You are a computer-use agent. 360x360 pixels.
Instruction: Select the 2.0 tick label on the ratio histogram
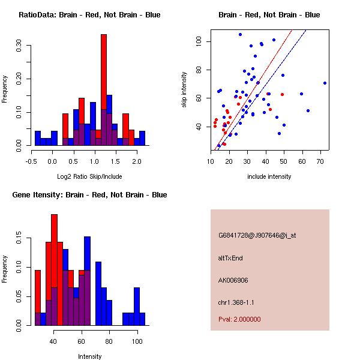pyautogui.click(x=125, y=161)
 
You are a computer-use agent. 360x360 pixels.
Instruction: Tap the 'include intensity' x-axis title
pyautogui.click(x=269, y=177)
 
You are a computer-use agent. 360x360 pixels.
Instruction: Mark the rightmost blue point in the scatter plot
pyautogui.click(x=325, y=83)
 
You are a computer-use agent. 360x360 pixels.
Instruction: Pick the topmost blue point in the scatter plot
pyautogui.click(x=240, y=34)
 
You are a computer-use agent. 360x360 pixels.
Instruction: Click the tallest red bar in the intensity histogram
pyautogui.click(x=55, y=240)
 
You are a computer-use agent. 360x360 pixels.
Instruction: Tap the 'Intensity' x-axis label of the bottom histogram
pyautogui.click(x=89, y=356)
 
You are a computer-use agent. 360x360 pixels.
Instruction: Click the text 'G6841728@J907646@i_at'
pyautogui.click(x=257, y=235)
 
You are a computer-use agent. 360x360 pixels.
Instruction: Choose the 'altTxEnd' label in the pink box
pyautogui.click(x=230, y=258)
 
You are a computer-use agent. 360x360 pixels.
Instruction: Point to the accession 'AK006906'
pyautogui.click(x=233, y=280)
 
